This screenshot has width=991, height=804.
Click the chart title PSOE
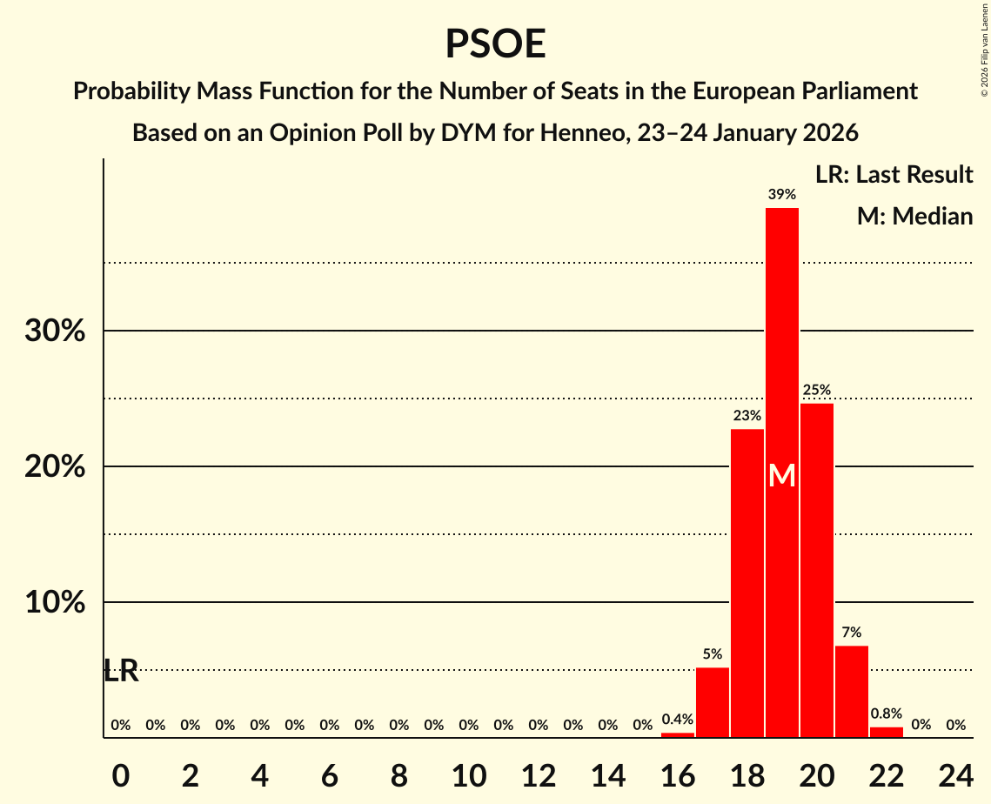(495, 44)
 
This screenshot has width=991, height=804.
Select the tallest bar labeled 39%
(781, 348)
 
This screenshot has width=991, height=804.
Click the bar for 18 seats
(747, 583)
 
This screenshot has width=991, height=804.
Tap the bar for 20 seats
(816, 570)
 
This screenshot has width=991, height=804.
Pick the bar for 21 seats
(851, 692)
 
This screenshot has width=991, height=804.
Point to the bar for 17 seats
(712, 702)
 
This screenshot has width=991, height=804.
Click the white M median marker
(781, 475)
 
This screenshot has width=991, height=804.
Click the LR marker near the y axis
(121, 671)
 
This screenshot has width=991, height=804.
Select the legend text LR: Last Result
(894, 175)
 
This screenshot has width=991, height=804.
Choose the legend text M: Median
(914, 217)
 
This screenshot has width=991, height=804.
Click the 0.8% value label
(886, 714)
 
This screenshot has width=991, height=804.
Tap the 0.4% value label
(677, 720)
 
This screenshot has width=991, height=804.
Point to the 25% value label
(816, 390)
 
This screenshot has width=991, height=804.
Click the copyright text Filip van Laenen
(984, 44)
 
